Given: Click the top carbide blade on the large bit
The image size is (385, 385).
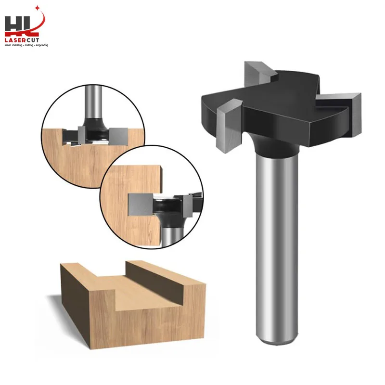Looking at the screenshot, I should point(260,72).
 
